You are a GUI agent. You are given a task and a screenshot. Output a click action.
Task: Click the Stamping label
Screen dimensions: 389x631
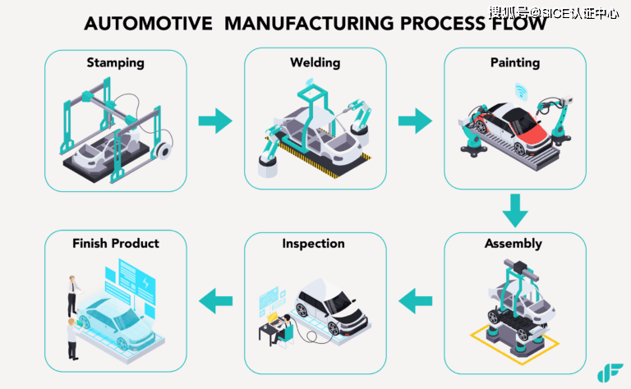tap(116, 62)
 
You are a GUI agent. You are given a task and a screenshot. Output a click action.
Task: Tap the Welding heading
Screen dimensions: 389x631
tap(315, 62)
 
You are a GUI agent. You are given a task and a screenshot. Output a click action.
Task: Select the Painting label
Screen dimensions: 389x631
tap(515, 62)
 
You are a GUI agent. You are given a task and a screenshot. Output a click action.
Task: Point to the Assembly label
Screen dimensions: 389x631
tap(514, 244)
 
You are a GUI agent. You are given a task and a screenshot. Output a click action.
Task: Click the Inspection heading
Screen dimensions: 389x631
tap(314, 244)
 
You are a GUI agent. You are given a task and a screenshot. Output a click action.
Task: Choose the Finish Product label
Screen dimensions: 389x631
tap(116, 244)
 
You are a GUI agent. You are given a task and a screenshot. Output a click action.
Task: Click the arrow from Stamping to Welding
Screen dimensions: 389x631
tap(215, 121)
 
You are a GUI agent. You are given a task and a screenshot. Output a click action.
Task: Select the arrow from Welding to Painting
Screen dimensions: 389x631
tap(415, 121)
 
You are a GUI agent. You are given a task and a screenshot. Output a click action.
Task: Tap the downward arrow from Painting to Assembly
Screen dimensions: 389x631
tap(515, 211)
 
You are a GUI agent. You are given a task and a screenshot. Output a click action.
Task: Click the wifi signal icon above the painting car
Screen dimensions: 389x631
tap(521, 89)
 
